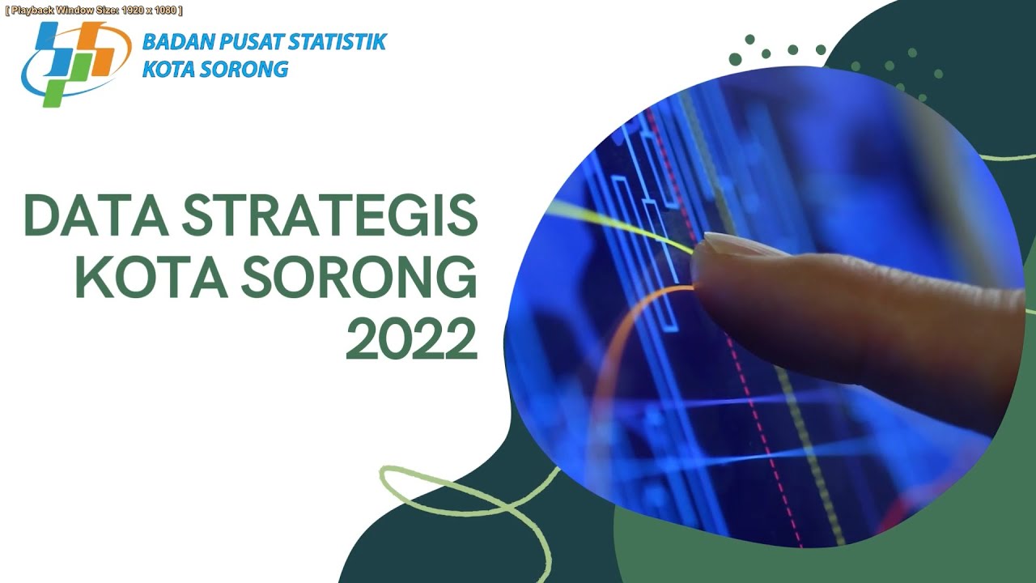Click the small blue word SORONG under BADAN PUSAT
click(x=248, y=69)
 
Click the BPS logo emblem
click(x=75, y=62)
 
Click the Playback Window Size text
click(x=93, y=11)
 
